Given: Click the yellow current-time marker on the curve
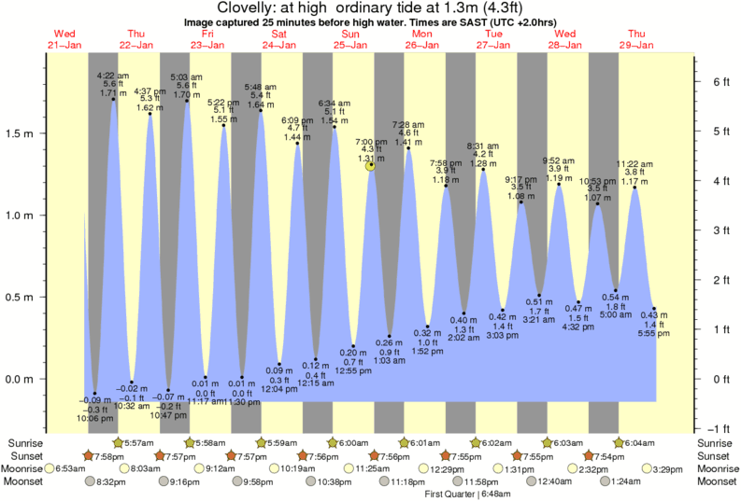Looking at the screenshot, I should pyautogui.click(x=371, y=166).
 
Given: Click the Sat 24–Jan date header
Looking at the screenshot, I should pyautogui.click(x=279, y=39).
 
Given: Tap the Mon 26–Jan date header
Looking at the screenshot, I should pyautogui.click(x=422, y=39).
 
